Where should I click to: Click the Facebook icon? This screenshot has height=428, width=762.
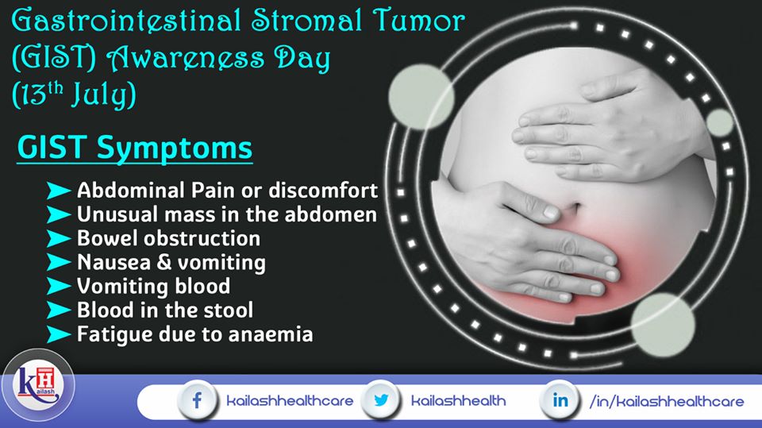[x=197, y=401]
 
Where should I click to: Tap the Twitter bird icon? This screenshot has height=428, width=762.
[x=381, y=400]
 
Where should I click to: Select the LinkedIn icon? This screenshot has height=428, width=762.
[x=560, y=400]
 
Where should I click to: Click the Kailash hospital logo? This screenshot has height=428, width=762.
[x=38, y=385]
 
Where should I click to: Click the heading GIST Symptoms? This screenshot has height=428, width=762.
[x=135, y=148]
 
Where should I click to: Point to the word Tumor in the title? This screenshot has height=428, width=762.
[x=419, y=21]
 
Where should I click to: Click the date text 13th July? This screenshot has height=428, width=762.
[x=74, y=94]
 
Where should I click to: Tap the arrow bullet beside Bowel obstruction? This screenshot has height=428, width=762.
[x=59, y=238]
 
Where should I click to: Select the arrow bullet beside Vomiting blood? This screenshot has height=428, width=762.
[x=59, y=286]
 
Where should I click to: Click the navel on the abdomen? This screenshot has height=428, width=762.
[x=575, y=209]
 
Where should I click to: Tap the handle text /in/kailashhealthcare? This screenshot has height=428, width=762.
[x=666, y=401]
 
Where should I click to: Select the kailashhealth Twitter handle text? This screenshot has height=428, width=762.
[x=458, y=401]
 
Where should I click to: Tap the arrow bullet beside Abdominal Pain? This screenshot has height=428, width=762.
[x=59, y=191]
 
